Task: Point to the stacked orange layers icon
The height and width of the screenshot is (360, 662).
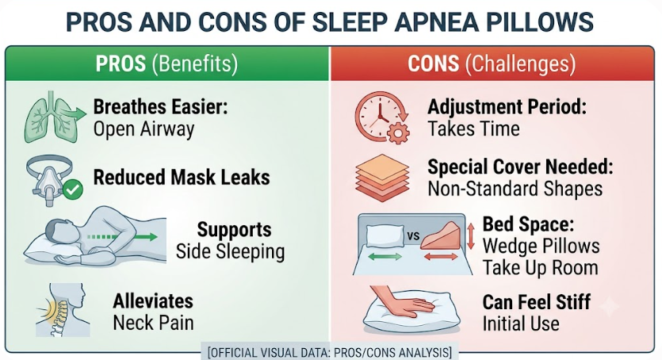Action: point(382,178)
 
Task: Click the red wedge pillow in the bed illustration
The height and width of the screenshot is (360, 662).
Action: point(440,237)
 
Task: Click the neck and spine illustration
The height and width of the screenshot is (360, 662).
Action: point(63,310)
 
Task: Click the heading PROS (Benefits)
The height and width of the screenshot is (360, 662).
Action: point(166,63)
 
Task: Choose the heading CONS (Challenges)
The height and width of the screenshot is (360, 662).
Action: point(492,63)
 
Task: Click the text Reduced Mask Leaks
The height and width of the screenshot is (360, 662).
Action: point(182,178)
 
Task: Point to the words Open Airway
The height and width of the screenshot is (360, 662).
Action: point(144,129)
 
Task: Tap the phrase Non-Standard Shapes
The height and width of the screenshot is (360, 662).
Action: point(515,189)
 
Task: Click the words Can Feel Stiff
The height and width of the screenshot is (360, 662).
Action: point(537,302)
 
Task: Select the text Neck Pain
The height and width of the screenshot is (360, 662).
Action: point(153,323)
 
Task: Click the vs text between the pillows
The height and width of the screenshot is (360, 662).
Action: point(413,236)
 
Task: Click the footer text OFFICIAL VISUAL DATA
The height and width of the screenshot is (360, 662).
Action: point(271,352)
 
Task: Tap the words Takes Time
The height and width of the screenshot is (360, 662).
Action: point(473,128)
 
